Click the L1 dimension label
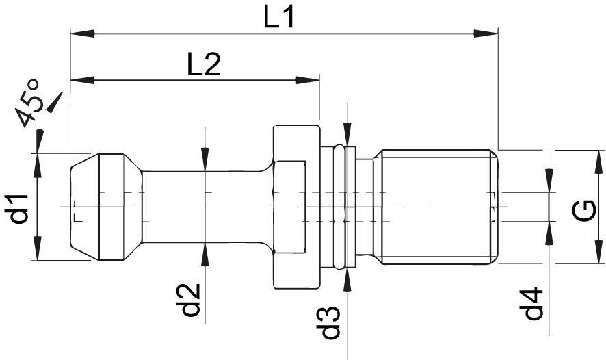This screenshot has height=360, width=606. [278, 17]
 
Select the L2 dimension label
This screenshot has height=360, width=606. [204, 64]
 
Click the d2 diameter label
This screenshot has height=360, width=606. [189, 300]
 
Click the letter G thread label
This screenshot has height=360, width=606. [583, 211]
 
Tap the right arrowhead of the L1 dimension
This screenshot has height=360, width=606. [486, 34]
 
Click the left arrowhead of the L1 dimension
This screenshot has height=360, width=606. [82, 34]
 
